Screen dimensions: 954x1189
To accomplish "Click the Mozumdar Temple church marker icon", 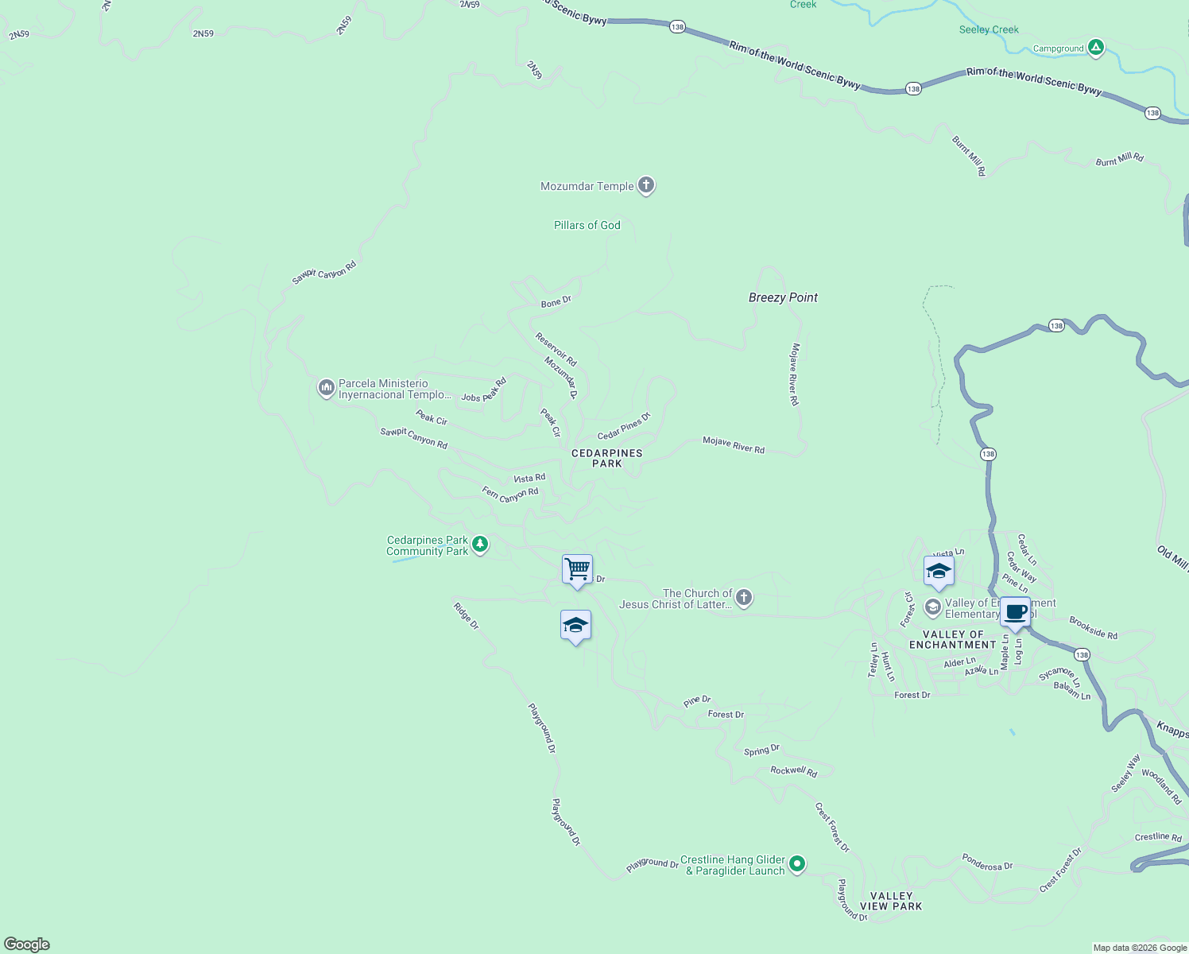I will (x=646, y=185).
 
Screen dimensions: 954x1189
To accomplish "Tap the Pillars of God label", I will (x=587, y=225).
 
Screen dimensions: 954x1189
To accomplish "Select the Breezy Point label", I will (x=783, y=297).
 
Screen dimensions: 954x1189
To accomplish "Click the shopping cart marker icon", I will (x=577, y=569).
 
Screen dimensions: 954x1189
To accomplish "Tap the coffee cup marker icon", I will (x=1015, y=612).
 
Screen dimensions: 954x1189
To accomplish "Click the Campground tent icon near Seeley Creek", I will (x=1096, y=48).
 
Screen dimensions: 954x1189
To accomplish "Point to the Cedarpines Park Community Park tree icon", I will (x=479, y=545).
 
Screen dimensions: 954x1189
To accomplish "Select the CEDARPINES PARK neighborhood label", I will (x=607, y=458).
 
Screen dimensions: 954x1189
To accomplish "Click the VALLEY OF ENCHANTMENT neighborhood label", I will (x=952, y=639).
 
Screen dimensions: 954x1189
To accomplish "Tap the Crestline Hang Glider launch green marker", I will (x=797, y=863).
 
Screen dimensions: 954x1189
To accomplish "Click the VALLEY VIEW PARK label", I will (x=891, y=901).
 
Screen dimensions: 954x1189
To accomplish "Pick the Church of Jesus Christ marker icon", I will (x=743, y=598).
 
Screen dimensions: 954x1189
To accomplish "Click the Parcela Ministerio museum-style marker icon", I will (x=326, y=388).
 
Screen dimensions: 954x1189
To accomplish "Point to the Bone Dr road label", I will (x=556, y=302).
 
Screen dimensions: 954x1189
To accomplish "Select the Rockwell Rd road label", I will (x=793, y=771).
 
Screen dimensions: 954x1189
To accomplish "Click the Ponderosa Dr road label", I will (x=987, y=862).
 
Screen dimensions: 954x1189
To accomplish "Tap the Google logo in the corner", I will (x=27, y=944).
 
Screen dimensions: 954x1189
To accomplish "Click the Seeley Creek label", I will (x=989, y=29).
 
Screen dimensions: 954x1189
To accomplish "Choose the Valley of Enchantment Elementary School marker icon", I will (x=932, y=607).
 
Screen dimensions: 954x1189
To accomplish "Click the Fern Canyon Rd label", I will (x=510, y=494).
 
